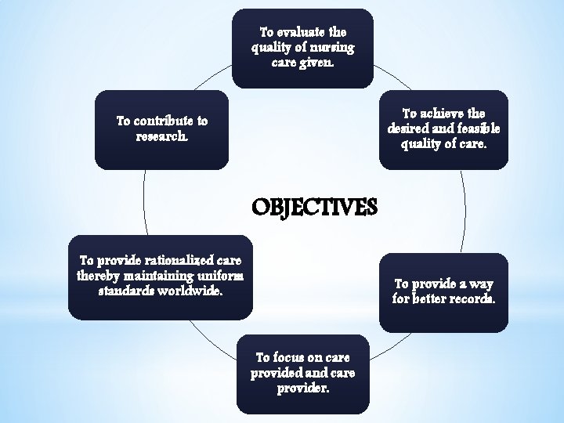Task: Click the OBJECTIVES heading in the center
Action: (314, 208)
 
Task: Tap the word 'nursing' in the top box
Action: (334, 47)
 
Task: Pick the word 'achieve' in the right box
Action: (444, 114)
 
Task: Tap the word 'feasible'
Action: (475, 128)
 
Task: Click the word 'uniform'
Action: (222, 276)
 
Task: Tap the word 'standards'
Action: (125, 291)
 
